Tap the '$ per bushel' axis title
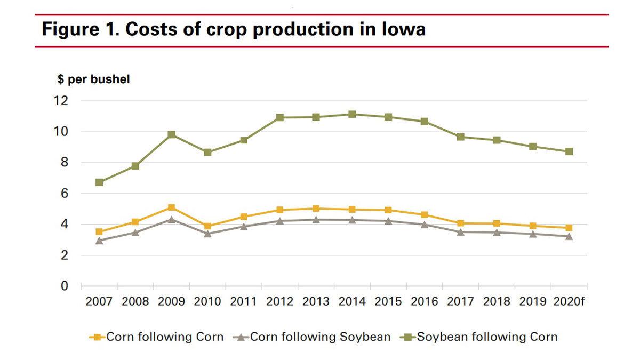[x=93, y=79]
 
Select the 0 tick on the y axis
[x=65, y=286]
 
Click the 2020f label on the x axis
[x=569, y=302]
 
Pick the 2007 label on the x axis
[x=99, y=302]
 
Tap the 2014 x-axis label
[x=352, y=302]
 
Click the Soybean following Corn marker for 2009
[x=171, y=134]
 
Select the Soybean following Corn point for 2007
[x=99, y=182]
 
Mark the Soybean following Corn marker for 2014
[x=352, y=114]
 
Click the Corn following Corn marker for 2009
[x=171, y=207]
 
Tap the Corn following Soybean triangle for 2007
[x=99, y=241]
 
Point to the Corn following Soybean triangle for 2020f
[x=569, y=236]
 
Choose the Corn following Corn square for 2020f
[x=569, y=228]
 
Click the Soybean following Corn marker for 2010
[x=207, y=153]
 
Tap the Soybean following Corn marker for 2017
[x=460, y=137]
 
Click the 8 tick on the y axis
[x=65, y=163]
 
